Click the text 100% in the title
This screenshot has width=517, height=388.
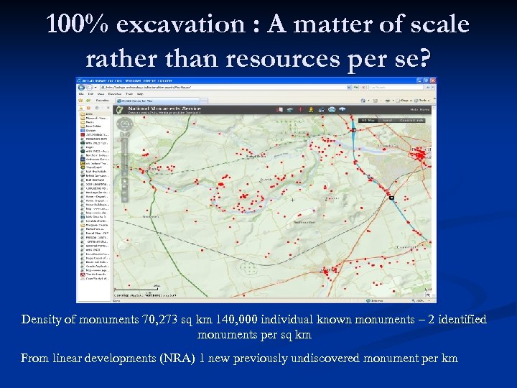click(76, 24)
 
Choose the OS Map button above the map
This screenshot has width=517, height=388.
click(368, 120)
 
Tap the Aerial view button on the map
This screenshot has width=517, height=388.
click(388, 120)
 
